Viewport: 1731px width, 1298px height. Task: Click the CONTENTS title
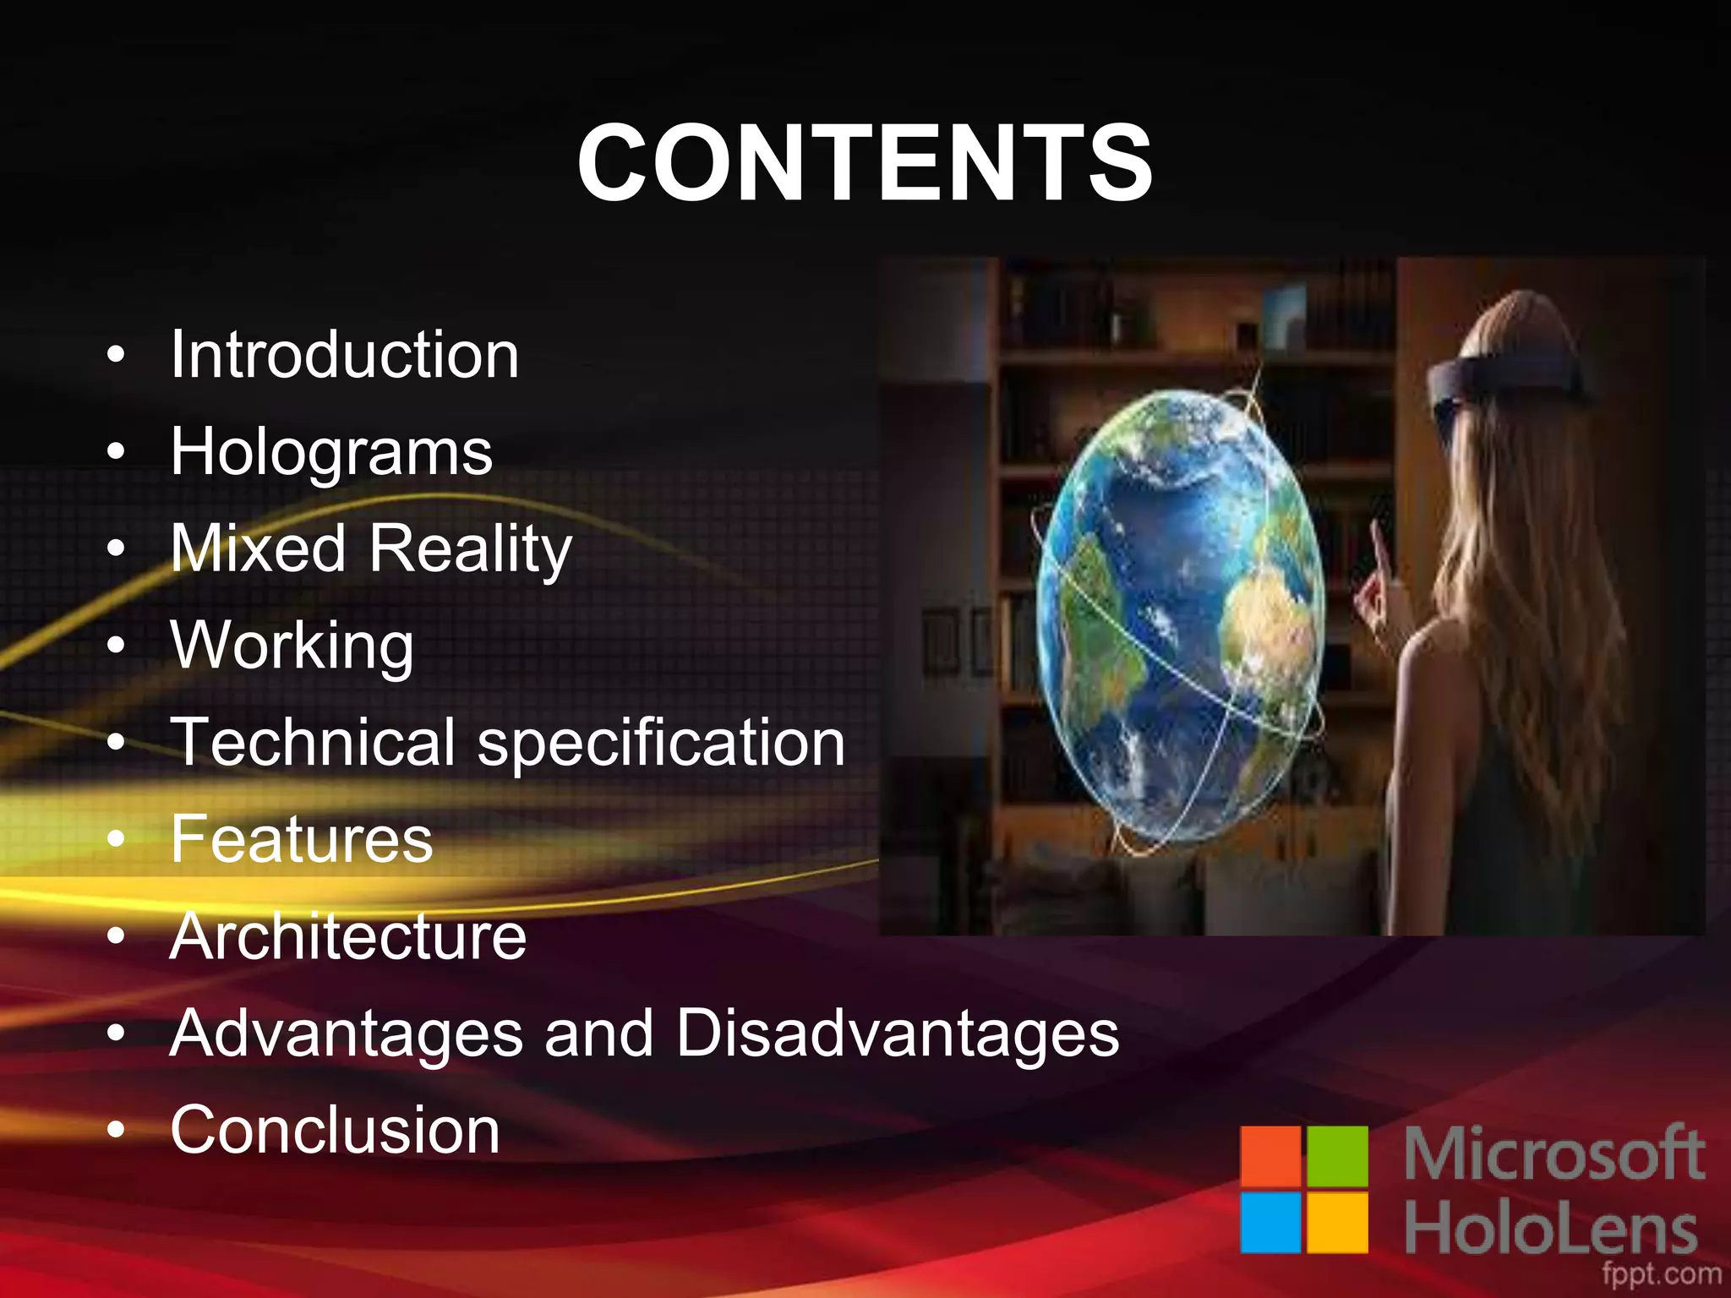pyautogui.click(x=865, y=162)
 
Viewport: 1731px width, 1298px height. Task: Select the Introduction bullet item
pyautogui.click(x=345, y=355)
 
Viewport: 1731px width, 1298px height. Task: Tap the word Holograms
pyautogui.click(x=331, y=453)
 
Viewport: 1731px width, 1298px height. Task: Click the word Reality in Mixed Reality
pyautogui.click(x=471, y=549)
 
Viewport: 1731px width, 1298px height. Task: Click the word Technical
pyautogui.click(x=313, y=742)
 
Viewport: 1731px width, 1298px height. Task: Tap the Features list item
pyautogui.click(x=302, y=839)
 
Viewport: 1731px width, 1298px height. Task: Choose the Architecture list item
pyautogui.click(x=348, y=936)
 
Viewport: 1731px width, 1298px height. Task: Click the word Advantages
pyautogui.click(x=347, y=1034)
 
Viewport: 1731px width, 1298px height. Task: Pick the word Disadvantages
pyautogui.click(x=898, y=1033)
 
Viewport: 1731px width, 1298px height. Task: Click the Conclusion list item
pyautogui.click(x=335, y=1131)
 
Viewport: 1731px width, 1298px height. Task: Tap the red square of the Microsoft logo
pyautogui.click(x=1270, y=1156)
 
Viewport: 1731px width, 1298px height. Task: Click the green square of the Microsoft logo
pyautogui.click(x=1337, y=1156)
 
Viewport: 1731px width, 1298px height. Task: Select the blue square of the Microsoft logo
pyautogui.click(x=1270, y=1222)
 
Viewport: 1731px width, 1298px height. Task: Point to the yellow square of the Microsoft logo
pyautogui.click(x=1337, y=1222)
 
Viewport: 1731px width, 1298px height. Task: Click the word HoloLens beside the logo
pyautogui.click(x=1551, y=1230)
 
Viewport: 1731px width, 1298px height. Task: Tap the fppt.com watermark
pyautogui.click(x=1661, y=1273)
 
